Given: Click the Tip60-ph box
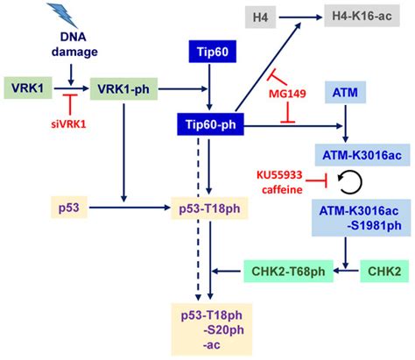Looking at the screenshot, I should pos(209,125).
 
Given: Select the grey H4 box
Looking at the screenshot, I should pos(260,17).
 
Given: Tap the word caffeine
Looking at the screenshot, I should pos(283,187).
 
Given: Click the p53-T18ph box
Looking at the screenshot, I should pos(208,208).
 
